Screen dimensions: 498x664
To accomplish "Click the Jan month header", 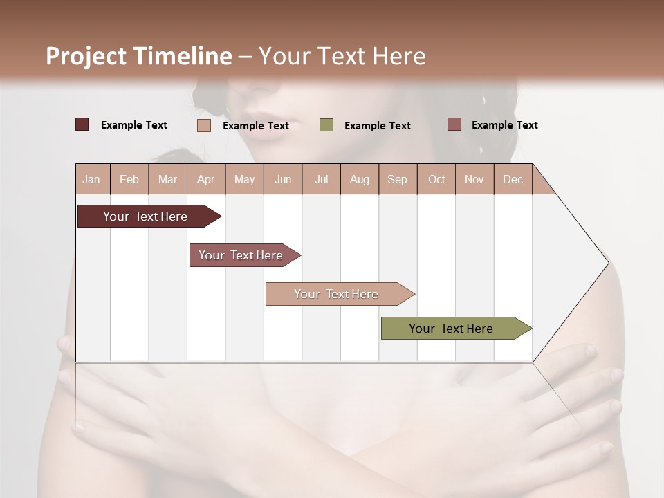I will coord(91,179).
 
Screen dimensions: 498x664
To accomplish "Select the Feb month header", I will coord(129,179).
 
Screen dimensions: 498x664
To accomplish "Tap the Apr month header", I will coord(205,179).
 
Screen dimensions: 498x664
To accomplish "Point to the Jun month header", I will coord(283,179).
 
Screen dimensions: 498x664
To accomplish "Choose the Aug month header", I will coord(359,179).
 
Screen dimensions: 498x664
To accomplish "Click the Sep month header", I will coord(397,179).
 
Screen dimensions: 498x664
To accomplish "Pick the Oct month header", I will coord(436,179).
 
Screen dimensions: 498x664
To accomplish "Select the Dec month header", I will coord(513,179).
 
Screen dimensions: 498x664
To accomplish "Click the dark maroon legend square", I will coord(82,124).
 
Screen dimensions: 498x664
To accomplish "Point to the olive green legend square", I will coord(326,125).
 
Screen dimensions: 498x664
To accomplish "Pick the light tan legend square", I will coord(204,125).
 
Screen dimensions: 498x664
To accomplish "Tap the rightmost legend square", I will coord(454,124).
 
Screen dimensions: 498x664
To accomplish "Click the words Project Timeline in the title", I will coord(138,56).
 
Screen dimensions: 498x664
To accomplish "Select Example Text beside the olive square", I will coord(377,126).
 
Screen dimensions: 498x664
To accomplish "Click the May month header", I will coord(244,179).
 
